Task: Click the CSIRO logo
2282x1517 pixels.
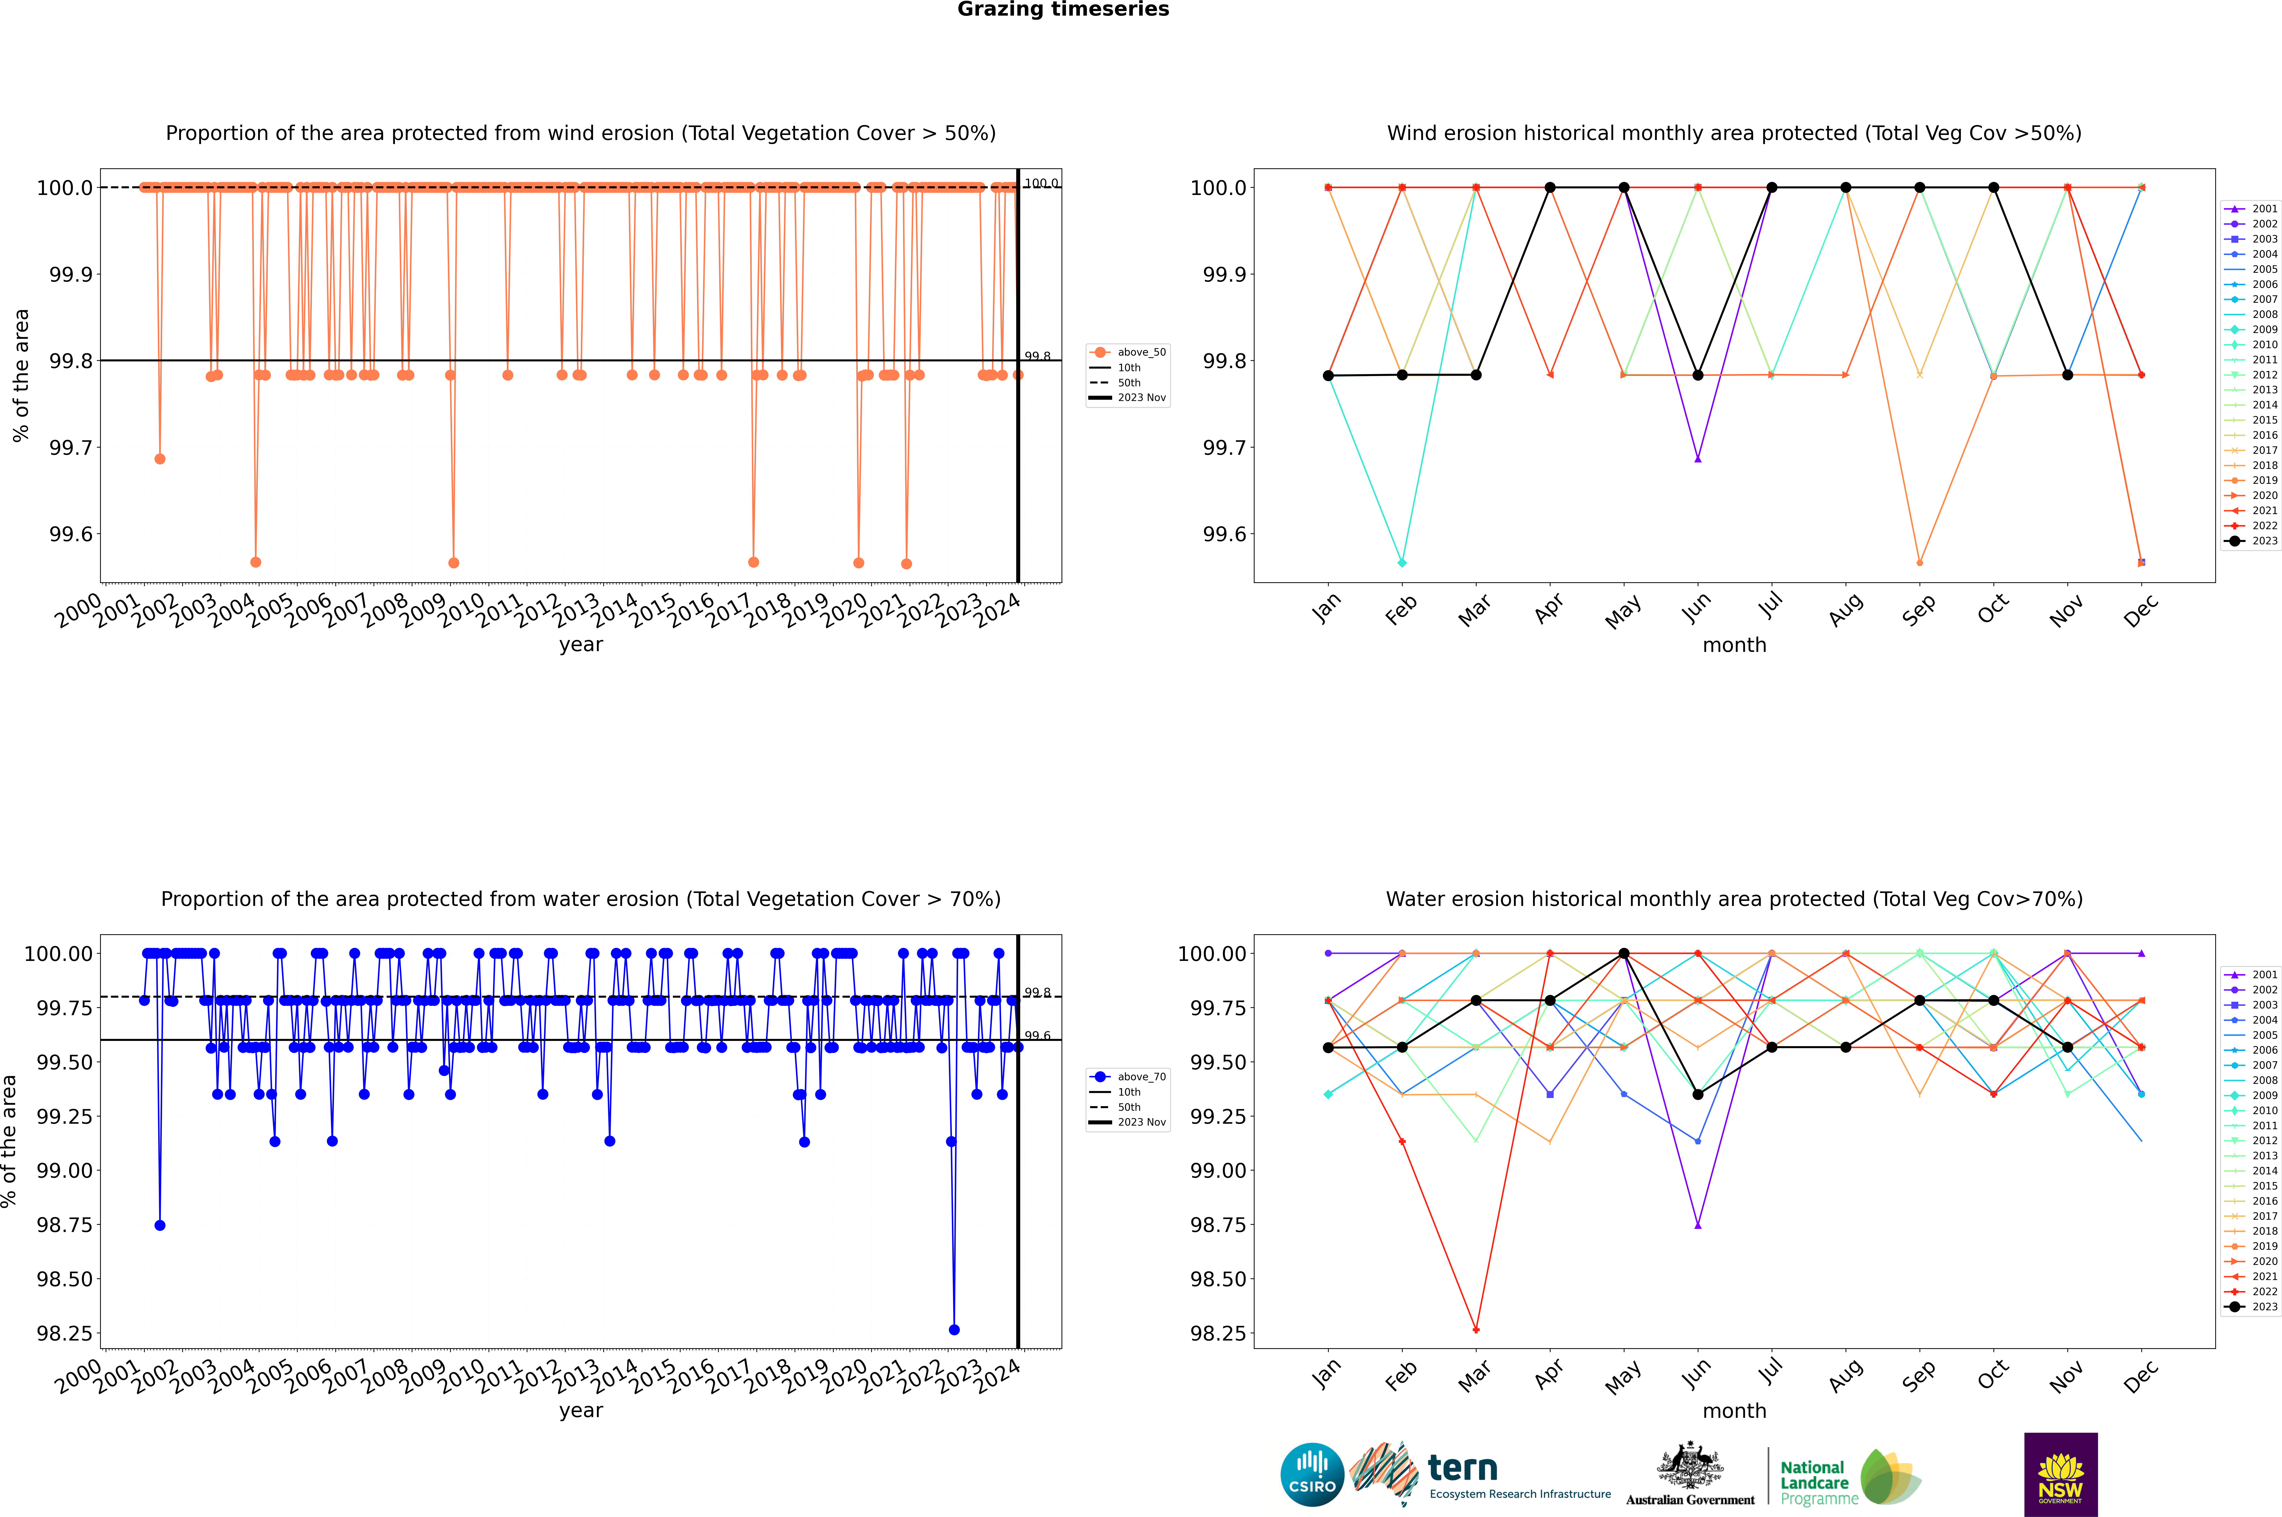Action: click(1312, 1475)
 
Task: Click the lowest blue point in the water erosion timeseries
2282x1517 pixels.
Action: click(954, 1329)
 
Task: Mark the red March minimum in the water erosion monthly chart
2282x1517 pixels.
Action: click(1475, 1329)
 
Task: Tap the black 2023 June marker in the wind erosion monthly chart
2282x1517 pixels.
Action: click(1698, 375)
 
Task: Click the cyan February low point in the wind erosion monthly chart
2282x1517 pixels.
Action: click(1402, 562)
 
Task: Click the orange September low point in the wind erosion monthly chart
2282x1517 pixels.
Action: click(1919, 562)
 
